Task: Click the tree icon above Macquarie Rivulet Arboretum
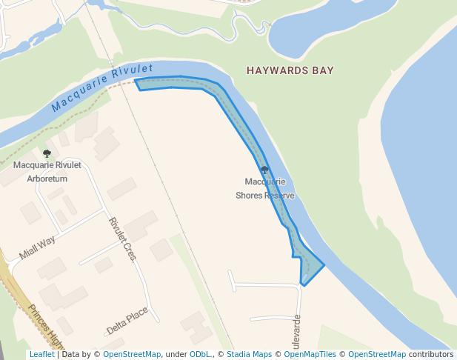click(47, 153)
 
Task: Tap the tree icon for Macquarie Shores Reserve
click(264, 170)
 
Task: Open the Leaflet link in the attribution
click(41, 354)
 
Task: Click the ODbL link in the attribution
click(200, 354)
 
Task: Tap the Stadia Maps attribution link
click(249, 354)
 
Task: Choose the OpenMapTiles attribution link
click(310, 354)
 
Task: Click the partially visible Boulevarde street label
click(297, 333)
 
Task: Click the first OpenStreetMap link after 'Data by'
click(131, 354)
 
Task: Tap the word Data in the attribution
click(71, 354)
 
